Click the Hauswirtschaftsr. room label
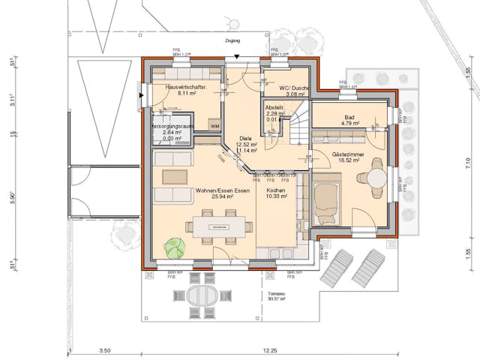[185, 87]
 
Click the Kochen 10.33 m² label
[276, 194]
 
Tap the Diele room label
[245, 139]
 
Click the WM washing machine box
[214, 126]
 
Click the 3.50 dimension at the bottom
[104, 350]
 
